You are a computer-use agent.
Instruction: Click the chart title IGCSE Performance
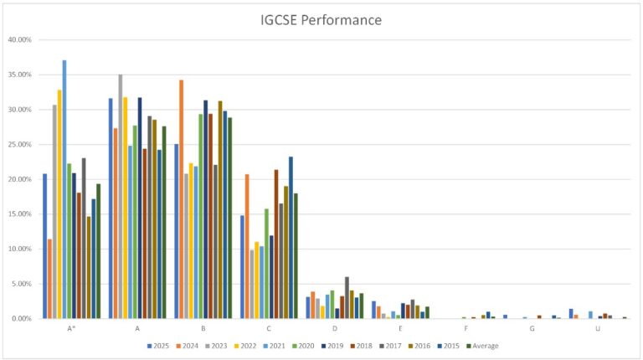click(321, 19)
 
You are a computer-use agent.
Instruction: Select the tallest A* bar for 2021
click(64, 189)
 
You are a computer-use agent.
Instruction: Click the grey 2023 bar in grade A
click(120, 197)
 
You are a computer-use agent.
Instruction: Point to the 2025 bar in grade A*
click(45, 246)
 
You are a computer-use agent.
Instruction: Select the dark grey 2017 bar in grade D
click(347, 298)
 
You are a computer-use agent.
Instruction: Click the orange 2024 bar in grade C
click(247, 246)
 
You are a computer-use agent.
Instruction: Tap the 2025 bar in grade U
click(571, 314)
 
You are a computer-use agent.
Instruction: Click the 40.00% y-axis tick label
click(19, 39)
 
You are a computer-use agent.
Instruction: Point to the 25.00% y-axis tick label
click(19, 144)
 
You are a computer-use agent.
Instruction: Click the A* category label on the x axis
click(71, 328)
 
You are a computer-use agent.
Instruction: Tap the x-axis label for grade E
click(400, 328)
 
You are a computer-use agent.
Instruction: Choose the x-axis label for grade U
click(598, 328)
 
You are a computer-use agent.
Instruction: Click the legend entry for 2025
click(158, 345)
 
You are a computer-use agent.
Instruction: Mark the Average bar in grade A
click(164, 222)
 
